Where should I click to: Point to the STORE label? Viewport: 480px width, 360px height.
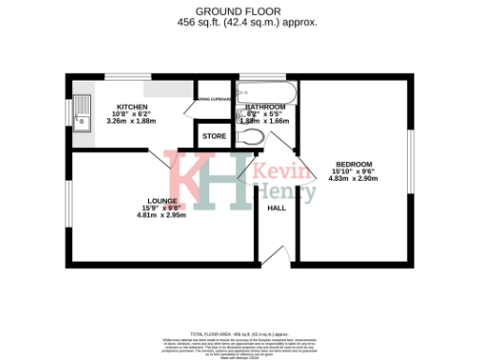point(215,137)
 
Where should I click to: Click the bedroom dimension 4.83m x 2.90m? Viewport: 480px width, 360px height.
point(353,178)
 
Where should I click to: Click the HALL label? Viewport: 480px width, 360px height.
point(277,208)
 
